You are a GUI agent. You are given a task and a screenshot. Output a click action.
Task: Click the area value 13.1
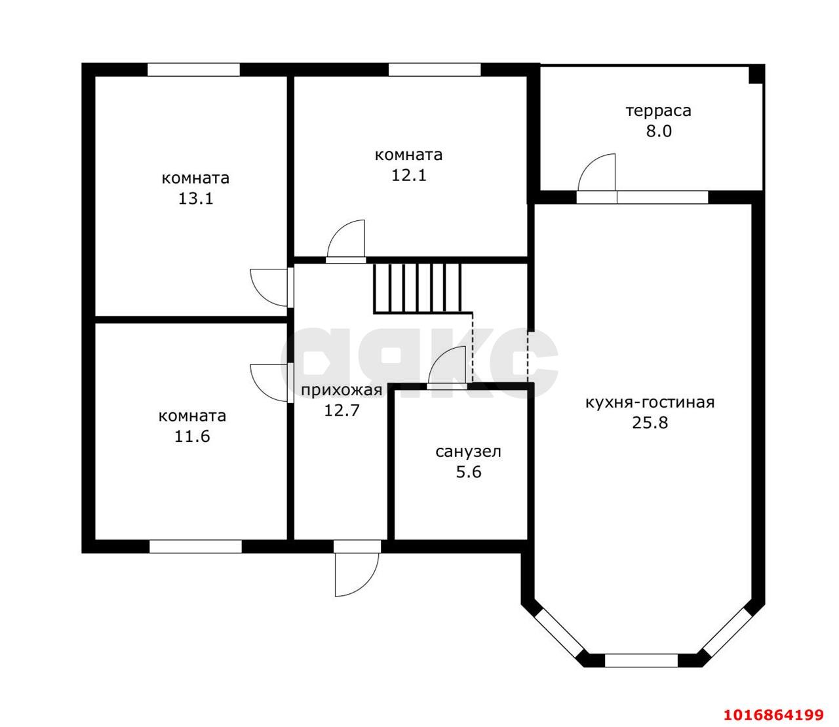tap(195, 199)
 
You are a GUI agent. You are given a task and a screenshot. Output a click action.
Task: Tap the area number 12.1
tap(408, 175)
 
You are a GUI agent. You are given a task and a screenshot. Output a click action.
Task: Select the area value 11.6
tap(192, 437)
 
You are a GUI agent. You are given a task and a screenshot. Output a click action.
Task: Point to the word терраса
tap(658, 111)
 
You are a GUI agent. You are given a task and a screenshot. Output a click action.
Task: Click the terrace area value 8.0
tap(659, 131)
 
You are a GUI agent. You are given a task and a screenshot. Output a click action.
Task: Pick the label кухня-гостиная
tap(650, 403)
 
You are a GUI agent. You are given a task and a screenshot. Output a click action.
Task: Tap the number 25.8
tap(650, 423)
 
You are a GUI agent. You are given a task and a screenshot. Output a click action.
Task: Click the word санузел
tap(469, 452)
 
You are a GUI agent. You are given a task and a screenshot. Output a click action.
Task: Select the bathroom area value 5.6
tap(469, 472)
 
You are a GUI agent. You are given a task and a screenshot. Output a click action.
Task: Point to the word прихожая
tap(341, 390)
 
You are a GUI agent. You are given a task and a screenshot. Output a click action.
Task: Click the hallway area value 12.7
tap(341, 410)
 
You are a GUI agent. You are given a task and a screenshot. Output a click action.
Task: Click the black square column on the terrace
tap(756, 74)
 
